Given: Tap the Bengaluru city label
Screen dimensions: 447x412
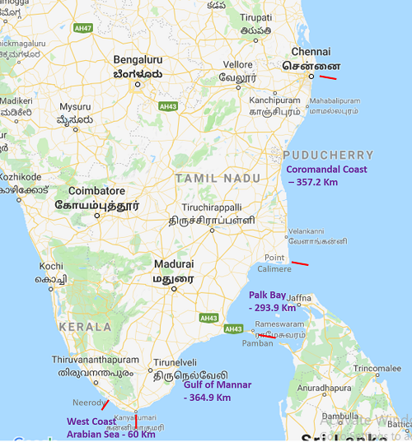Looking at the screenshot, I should (x=138, y=60).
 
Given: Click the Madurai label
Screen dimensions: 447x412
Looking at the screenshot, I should (x=173, y=264).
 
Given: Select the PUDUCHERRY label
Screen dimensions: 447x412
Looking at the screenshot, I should (x=328, y=155).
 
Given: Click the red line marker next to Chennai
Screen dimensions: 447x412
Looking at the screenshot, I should (x=328, y=78).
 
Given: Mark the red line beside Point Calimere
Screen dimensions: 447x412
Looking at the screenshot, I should (x=300, y=263).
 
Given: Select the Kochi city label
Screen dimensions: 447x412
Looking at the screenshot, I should (x=51, y=267).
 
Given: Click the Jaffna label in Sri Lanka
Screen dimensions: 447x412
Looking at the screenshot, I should (x=322, y=297).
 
